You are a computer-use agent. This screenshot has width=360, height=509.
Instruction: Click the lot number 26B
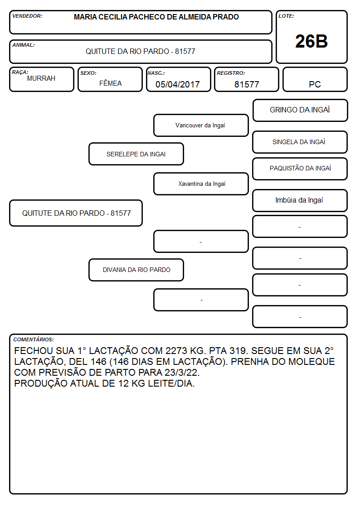[x=311, y=41]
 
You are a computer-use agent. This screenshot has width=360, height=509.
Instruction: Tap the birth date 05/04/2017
[x=178, y=84]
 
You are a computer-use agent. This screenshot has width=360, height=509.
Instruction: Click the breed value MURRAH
[x=41, y=78]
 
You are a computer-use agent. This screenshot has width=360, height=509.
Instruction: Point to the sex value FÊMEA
[x=110, y=83]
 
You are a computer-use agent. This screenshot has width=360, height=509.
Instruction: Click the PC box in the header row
[x=315, y=79]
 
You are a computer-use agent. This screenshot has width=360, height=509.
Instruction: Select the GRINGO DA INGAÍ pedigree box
[x=300, y=111]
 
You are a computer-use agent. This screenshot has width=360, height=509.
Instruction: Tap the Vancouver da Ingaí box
[x=201, y=125]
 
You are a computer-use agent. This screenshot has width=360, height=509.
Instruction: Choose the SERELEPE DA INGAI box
[x=136, y=154]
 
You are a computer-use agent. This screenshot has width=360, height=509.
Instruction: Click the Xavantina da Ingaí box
[x=201, y=184]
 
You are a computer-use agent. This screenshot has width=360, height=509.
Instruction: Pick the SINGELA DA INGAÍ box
[x=300, y=142]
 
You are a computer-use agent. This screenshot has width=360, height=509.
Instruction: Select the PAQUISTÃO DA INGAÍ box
[x=300, y=169]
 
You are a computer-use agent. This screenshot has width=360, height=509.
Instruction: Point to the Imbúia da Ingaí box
[x=300, y=200]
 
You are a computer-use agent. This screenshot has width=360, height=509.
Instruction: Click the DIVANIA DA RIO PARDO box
[x=136, y=270]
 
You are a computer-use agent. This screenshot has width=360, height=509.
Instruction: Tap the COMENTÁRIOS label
[x=34, y=339]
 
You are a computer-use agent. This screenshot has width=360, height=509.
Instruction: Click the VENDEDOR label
[x=27, y=16]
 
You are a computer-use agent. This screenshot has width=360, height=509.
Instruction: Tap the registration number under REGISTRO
[x=247, y=84]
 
